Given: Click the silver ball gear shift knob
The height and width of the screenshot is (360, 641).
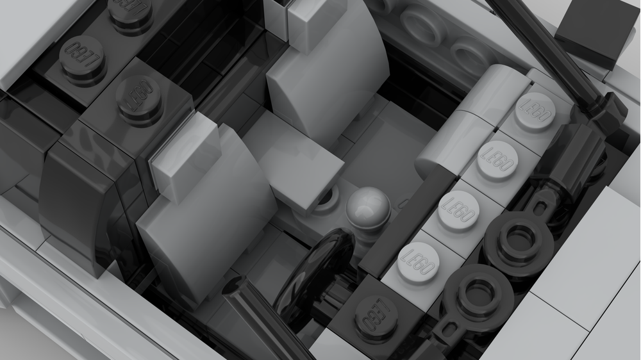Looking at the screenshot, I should (x=368, y=206).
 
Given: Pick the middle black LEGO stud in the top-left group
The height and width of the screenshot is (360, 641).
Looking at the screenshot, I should (x=81, y=56).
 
